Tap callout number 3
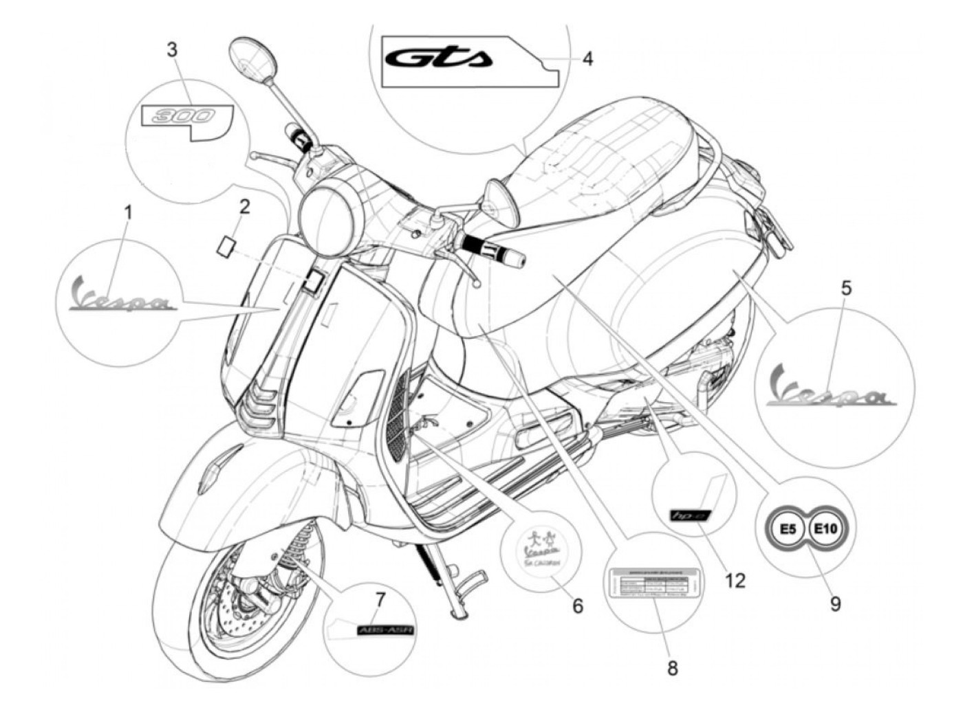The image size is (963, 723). (172, 50)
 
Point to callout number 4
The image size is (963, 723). (587, 58)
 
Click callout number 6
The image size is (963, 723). (578, 605)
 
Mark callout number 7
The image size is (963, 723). (380, 600)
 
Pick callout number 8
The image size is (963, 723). (672, 667)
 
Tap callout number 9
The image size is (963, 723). (834, 604)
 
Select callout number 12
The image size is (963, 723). (735, 581)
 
